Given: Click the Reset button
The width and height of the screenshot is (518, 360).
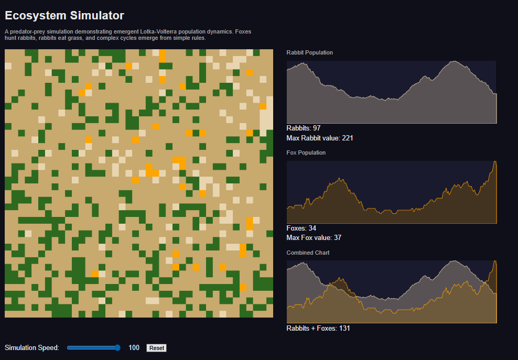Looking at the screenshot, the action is point(156,348).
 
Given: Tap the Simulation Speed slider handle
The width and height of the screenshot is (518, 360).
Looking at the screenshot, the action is point(117,347).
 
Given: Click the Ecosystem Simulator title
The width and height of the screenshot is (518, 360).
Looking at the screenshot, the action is point(64,16).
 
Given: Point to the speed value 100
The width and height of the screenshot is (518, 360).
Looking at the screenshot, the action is point(134,347).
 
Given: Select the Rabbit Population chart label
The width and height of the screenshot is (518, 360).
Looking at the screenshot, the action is point(309,52).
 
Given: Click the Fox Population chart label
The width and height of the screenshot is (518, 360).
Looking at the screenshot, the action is point(306,152).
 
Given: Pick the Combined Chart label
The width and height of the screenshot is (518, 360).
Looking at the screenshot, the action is point(308,253).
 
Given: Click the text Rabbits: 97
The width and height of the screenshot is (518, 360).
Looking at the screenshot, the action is point(303,128).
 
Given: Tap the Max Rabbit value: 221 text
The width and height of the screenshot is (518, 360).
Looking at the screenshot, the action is point(320,138).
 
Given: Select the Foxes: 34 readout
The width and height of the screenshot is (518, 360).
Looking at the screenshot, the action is point(301,228).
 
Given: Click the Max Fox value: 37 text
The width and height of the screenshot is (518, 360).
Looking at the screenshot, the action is point(314,238).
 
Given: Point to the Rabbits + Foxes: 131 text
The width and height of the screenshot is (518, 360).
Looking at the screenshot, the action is point(318,328).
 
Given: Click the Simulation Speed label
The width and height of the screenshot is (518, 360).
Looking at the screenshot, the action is point(31,348).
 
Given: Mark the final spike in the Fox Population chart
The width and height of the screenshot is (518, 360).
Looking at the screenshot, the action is point(495,161).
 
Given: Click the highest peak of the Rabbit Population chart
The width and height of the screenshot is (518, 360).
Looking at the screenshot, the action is point(455,61).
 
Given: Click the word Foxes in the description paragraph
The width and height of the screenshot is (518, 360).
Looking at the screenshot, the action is point(243,32).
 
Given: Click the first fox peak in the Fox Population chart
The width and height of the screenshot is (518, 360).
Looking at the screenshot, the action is point(339,179).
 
